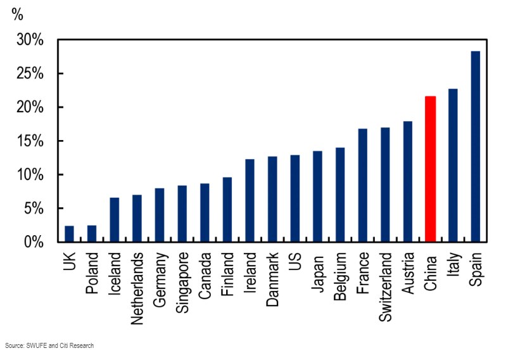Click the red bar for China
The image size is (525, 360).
coord(430,169)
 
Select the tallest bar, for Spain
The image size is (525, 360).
coord(475,146)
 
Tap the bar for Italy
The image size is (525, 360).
coord(453,165)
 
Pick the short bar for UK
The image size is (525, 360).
coord(69,234)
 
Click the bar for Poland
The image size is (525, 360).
coord(92,234)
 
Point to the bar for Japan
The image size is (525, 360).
coord(317,196)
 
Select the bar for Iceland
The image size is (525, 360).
coord(115,220)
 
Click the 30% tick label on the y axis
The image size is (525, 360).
coord(30,41)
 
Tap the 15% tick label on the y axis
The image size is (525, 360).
coord(30,141)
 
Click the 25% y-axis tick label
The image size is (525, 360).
coord(30,74)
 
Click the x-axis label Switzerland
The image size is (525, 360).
coord(385,288)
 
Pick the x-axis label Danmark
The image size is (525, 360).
coord(272,281)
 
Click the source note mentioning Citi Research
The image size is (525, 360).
coord(49,345)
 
